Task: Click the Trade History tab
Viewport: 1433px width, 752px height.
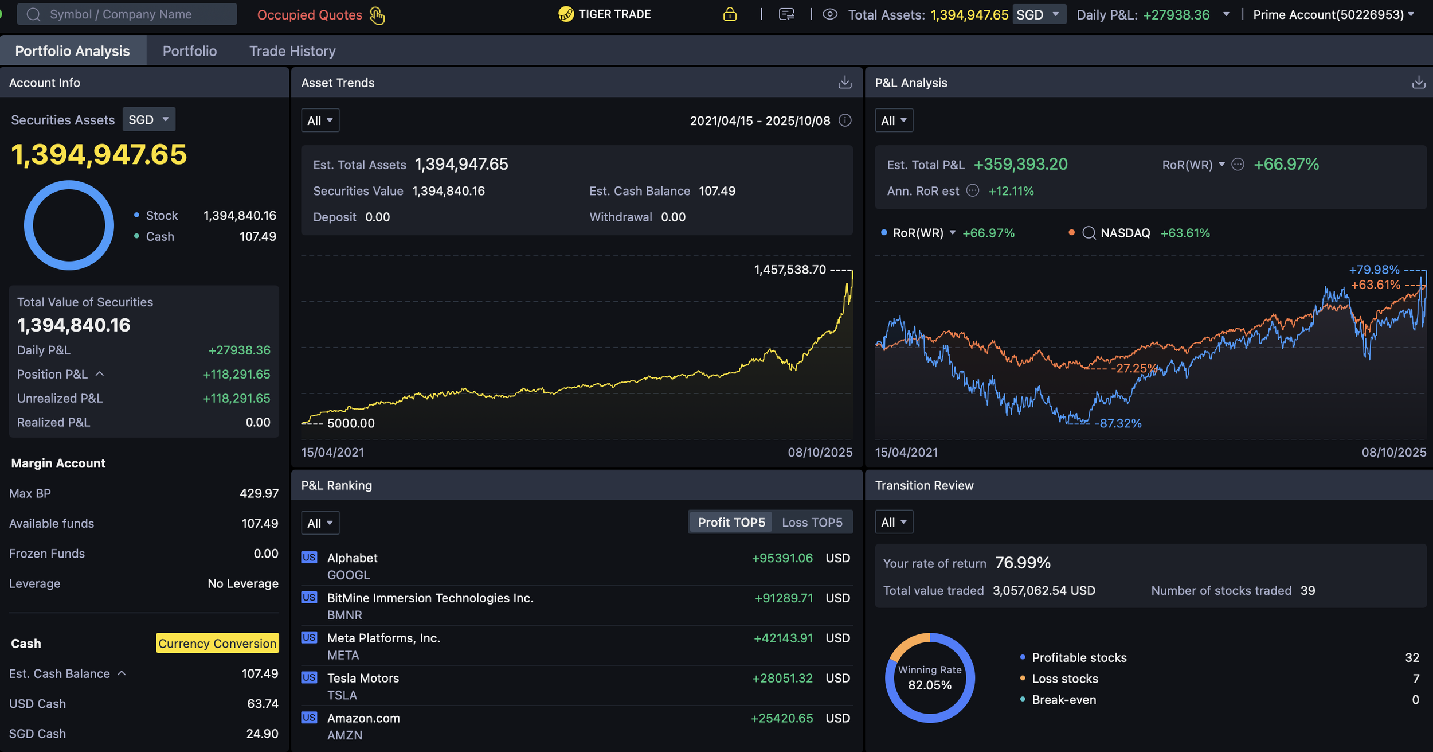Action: [292, 51]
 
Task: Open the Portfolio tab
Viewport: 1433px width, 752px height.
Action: [190, 51]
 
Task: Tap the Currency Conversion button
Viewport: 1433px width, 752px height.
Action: [217, 643]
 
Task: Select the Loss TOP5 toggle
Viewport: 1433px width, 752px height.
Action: [812, 522]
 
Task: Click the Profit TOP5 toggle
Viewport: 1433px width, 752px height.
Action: [731, 522]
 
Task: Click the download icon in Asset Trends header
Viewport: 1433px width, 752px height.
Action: [844, 83]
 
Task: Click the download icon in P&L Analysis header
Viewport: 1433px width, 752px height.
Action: [1418, 83]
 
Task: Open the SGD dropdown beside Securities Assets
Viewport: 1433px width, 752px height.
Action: [148, 119]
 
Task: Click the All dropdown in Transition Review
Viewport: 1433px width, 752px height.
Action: [893, 522]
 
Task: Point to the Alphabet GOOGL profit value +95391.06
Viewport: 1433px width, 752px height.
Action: [782, 558]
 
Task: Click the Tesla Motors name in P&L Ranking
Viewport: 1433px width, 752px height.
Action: [363, 678]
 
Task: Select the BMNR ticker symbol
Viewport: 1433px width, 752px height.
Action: [344, 615]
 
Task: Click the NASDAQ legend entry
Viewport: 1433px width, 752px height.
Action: [1125, 233]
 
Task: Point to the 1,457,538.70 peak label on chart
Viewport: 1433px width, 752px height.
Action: [789, 270]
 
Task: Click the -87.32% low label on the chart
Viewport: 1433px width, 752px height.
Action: [1118, 423]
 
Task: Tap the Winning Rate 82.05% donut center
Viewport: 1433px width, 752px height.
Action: [930, 678]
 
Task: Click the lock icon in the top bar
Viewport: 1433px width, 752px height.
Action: [730, 14]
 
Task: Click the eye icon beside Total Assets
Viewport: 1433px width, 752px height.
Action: [829, 14]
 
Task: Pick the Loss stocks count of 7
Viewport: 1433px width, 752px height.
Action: [1416, 679]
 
